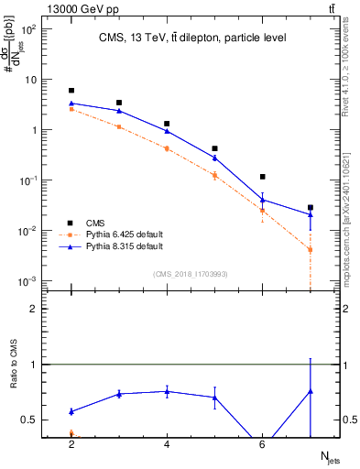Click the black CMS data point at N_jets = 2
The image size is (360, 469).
coord(71,91)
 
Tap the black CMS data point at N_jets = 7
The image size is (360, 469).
coord(311,208)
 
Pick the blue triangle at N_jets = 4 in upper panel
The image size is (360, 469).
coord(167,131)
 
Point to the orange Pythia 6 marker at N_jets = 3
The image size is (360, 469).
coord(119,126)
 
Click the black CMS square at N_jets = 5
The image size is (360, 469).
coord(214,148)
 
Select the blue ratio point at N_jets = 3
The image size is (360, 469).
coord(119,394)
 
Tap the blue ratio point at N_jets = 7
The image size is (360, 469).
coord(311,391)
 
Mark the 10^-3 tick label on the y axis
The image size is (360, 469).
coord(28,280)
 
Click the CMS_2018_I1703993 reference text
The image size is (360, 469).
coord(191,274)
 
